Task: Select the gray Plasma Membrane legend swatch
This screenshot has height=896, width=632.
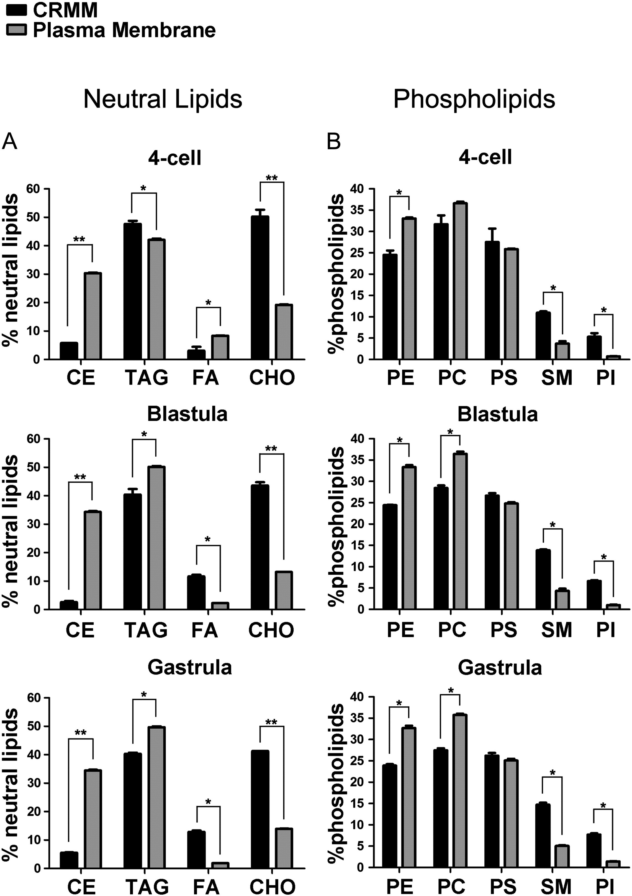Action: coord(16,30)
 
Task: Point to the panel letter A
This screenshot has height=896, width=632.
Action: coord(9,142)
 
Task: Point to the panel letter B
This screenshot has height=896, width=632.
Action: coord(334,142)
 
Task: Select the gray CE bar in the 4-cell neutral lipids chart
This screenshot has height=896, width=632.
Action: coord(93,316)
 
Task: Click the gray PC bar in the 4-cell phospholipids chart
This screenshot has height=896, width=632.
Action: coord(460,281)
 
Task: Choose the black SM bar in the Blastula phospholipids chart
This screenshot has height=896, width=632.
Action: coord(543,579)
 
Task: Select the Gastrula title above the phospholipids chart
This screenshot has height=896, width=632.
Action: coord(500,668)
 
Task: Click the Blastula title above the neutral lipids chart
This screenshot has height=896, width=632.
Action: coord(187,414)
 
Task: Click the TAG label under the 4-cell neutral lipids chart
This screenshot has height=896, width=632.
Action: coord(147,377)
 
